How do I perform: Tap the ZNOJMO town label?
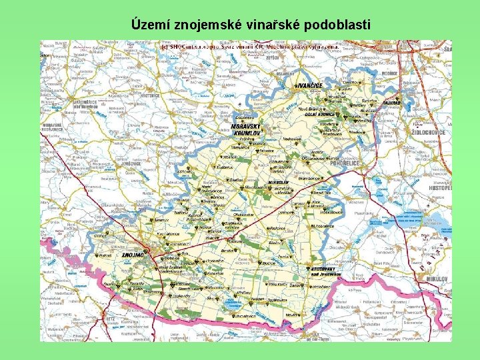click(x=133, y=255)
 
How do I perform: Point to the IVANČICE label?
click(x=309, y=85)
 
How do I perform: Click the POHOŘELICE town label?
click(x=343, y=161)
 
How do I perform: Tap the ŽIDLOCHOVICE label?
click(x=431, y=133)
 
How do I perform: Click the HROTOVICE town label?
click(x=151, y=96)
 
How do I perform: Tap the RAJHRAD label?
click(x=392, y=103)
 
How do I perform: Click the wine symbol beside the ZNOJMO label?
click(x=151, y=254)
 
